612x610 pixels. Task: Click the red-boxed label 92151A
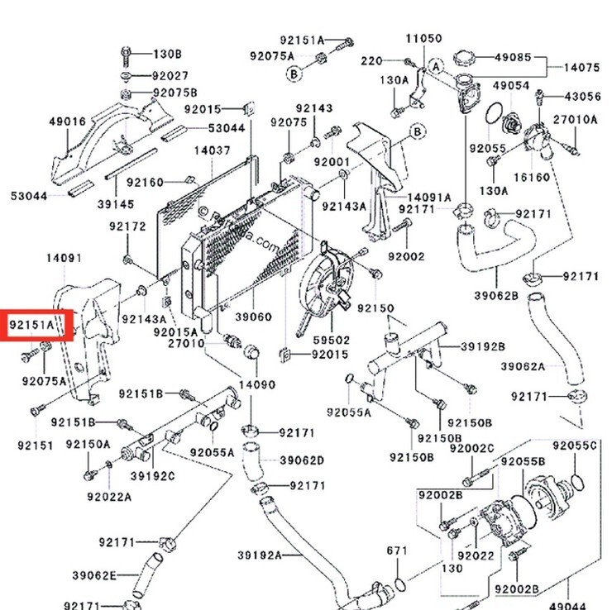pyautogui.click(x=31, y=325)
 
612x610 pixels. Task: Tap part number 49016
pyautogui.click(x=68, y=122)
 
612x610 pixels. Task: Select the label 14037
pyautogui.click(x=213, y=150)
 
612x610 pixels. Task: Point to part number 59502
pyautogui.click(x=332, y=340)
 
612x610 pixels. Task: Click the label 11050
pyautogui.click(x=424, y=38)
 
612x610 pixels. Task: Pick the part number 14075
pyautogui.click(x=582, y=68)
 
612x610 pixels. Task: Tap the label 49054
pyautogui.click(x=511, y=85)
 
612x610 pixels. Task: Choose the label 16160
pyautogui.click(x=532, y=178)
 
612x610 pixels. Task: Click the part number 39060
pyautogui.click(x=254, y=317)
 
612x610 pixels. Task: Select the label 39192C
pyautogui.click(x=153, y=476)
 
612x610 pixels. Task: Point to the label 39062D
pyautogui.click(x=302, y=460)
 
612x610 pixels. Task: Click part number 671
pyautogui.click(x=397, y=550)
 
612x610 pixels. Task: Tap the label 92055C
pyautogui.click(x=575, y=446)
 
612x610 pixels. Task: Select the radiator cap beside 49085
pyautogui.click(x=465, y=59)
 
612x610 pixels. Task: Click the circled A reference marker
pyautogui.click(x=437, y=67)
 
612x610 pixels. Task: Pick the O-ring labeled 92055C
pyautogui.click(x=577, y=482)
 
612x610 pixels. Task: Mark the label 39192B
pyautogui.click(x=483, y=346)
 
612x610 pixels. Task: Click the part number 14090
pyautogui.click(x=257, y=384)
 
